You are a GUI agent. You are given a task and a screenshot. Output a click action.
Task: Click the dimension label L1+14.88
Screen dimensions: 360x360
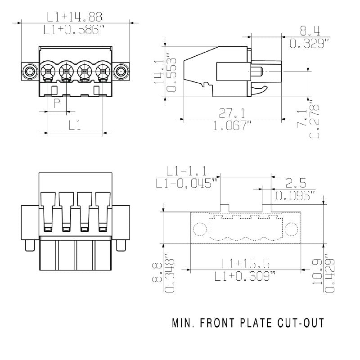[75, 17]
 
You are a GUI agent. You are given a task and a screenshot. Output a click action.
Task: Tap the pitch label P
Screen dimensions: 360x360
[57, 104]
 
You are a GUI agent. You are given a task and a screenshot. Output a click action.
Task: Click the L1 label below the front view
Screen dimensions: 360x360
[75, 126]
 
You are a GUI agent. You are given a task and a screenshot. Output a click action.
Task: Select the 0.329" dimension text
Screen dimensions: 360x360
[310, 44]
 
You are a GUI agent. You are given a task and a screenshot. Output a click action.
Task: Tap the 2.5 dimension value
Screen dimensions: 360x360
[296, 183]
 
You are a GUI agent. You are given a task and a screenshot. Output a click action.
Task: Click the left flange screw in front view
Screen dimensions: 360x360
[30, 71]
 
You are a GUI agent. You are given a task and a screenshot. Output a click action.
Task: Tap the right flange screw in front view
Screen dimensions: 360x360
[120, 71]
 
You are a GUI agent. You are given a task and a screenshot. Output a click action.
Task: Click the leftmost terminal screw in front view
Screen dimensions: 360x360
[47, 71]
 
